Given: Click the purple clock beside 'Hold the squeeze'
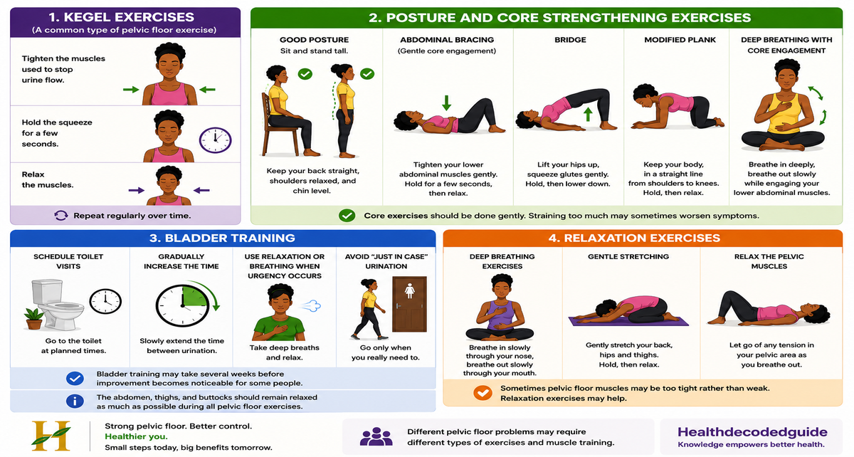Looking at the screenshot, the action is click(215, 140).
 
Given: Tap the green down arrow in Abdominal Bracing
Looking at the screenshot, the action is click(446, 103).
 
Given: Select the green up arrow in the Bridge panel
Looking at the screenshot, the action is click(588, 115).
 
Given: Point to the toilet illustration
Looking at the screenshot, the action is click(57, 305).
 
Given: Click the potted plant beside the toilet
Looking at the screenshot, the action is click(34, 319).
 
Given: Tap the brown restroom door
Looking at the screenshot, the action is click(409, 304).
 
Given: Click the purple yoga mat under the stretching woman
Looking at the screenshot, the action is click(628, 321).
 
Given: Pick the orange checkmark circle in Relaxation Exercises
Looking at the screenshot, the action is click(483, 392).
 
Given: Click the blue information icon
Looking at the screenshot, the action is click(75, 401).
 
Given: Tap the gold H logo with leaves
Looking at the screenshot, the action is click(51, 436).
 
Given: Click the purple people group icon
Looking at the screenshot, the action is click(376, 436).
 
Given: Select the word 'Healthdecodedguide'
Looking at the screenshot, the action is click(752, 432).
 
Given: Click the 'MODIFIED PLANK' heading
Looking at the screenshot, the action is click(680, 40).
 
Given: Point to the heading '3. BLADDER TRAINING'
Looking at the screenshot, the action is click(222, 238).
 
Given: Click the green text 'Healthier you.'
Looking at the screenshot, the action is click(136, 436).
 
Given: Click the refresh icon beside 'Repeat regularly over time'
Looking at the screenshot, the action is click(61, 216).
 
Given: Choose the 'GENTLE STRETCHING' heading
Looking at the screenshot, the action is click(628, 256).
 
